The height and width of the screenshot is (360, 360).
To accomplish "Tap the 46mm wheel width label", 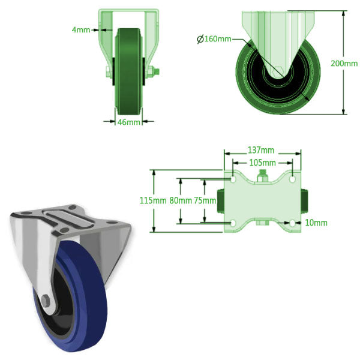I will pyautogui.click(x=128, y=122).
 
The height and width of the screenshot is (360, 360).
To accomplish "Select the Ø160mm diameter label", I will pyautogui.click(x=215, y=40).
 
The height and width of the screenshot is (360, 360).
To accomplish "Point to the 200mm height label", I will pyautogui.click(x=344, y=63).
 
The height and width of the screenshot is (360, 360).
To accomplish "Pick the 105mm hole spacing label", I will pyautogui.click(x=262, y=163).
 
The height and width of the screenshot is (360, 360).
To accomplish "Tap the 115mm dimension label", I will pyautogui.click(x=151, y=200).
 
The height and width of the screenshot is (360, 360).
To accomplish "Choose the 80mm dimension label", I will pyautogui.click(x=180, y=200).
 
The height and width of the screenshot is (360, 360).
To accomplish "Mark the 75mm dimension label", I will pyautogui.click(x=205, y=200).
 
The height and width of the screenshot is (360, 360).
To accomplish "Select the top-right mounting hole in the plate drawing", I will pyautogui.click(x=292, y=179).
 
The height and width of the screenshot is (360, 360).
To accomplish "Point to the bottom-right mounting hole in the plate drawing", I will pyautogui.click(x=292, y=223).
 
